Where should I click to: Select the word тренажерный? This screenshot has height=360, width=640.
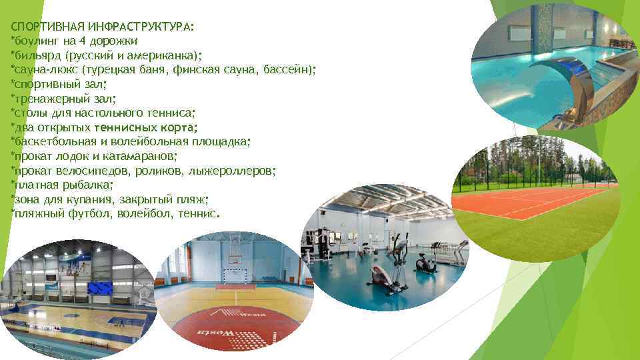click(45, 99)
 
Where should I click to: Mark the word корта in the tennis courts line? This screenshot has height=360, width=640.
click(178, 127)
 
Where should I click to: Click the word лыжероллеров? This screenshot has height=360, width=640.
click(239, 171)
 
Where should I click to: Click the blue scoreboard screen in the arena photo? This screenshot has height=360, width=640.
click(101, 288)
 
